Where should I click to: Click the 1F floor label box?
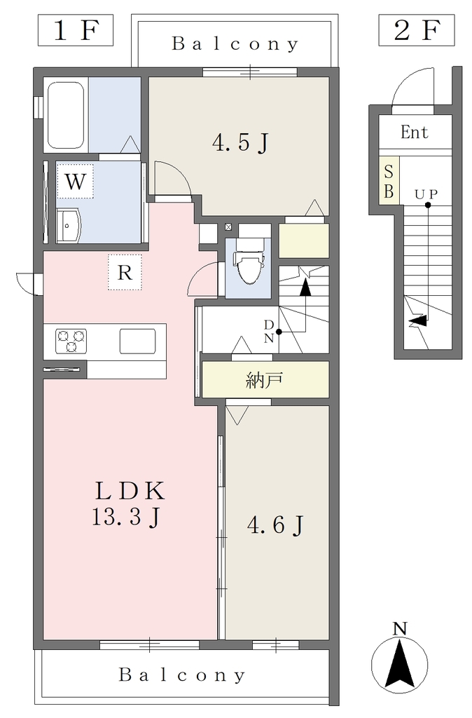pyautogui.click(x=76, y=30)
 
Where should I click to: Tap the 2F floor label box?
pyautogui.click(x=416, y=30)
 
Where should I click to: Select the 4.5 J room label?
pyautogui.click(x=240, y=142)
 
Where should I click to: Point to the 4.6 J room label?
pyautogui.click(x=275, y=524)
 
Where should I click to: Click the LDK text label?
pyautogui.click(x=130, y=491)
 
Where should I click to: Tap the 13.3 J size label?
pyautogui.click(x=126, y=517)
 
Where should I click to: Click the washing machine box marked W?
pyautogui.click(x=75, y=182)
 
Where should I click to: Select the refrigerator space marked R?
pyautogui.click(x=125, y=272)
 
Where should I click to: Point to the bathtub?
pyautogui.click(x=66, y=116)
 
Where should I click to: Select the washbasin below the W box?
pyautogui.click(x=69, y=226)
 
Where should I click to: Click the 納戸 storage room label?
pyautogui.click(x=264, y=380)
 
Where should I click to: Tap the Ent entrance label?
pyautogui.click(x=415, y=133)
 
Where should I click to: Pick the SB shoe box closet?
pyautogui.click(x=389, y=181)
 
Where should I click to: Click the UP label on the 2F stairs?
pyautogui.click(x=426, y=195)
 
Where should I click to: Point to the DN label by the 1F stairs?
pyautogui.click(x=269, y=332)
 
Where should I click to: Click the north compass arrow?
pyautogui.click(x=399, y=662)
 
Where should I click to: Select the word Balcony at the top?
pyautogui.click(x=235, y=44)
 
